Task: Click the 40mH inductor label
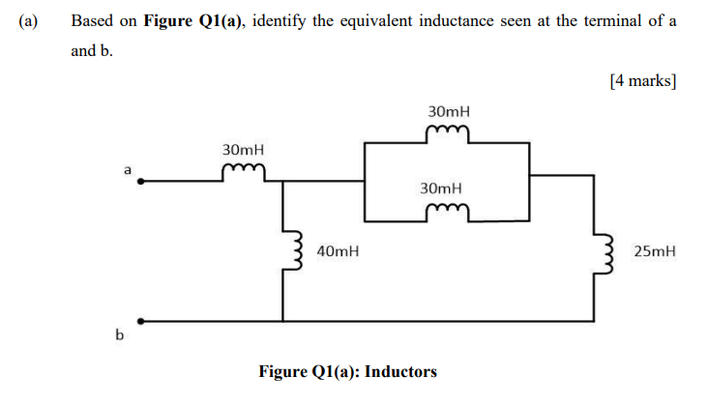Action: pyautogui.click(x=338, y=252)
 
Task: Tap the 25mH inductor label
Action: pyautogui.click(x=654, y=252)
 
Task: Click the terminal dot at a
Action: pyautogui.click(x=141, y=180)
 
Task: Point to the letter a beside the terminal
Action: pyautogui.click(x=126, y=169)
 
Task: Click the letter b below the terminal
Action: pyautogui.click(x=120, y=336)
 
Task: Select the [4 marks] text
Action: pyautogui.click(x=642, y=80)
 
